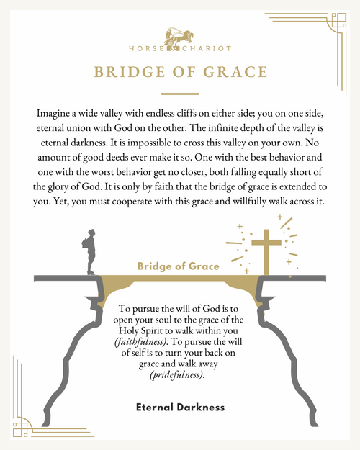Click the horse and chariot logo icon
(179, 36)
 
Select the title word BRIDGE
(129, 72)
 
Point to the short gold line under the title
(179, 94)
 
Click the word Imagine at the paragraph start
(55, 114)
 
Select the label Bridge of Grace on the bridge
(179, 266)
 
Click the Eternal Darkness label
(180, 408)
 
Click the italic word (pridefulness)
(180, 374)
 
